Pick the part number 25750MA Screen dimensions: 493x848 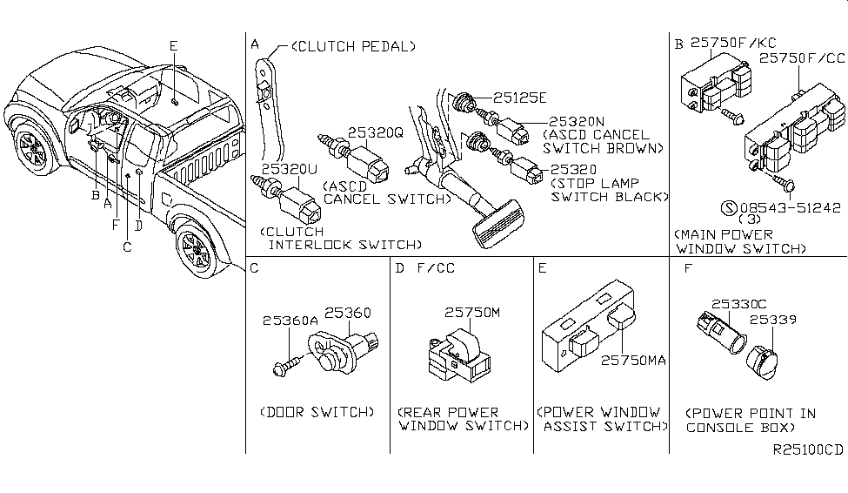tap(631, 359)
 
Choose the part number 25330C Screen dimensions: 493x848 tap(739, 304)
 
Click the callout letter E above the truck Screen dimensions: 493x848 tap(173, 45)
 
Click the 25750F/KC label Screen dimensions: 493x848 tap(721, 42)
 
